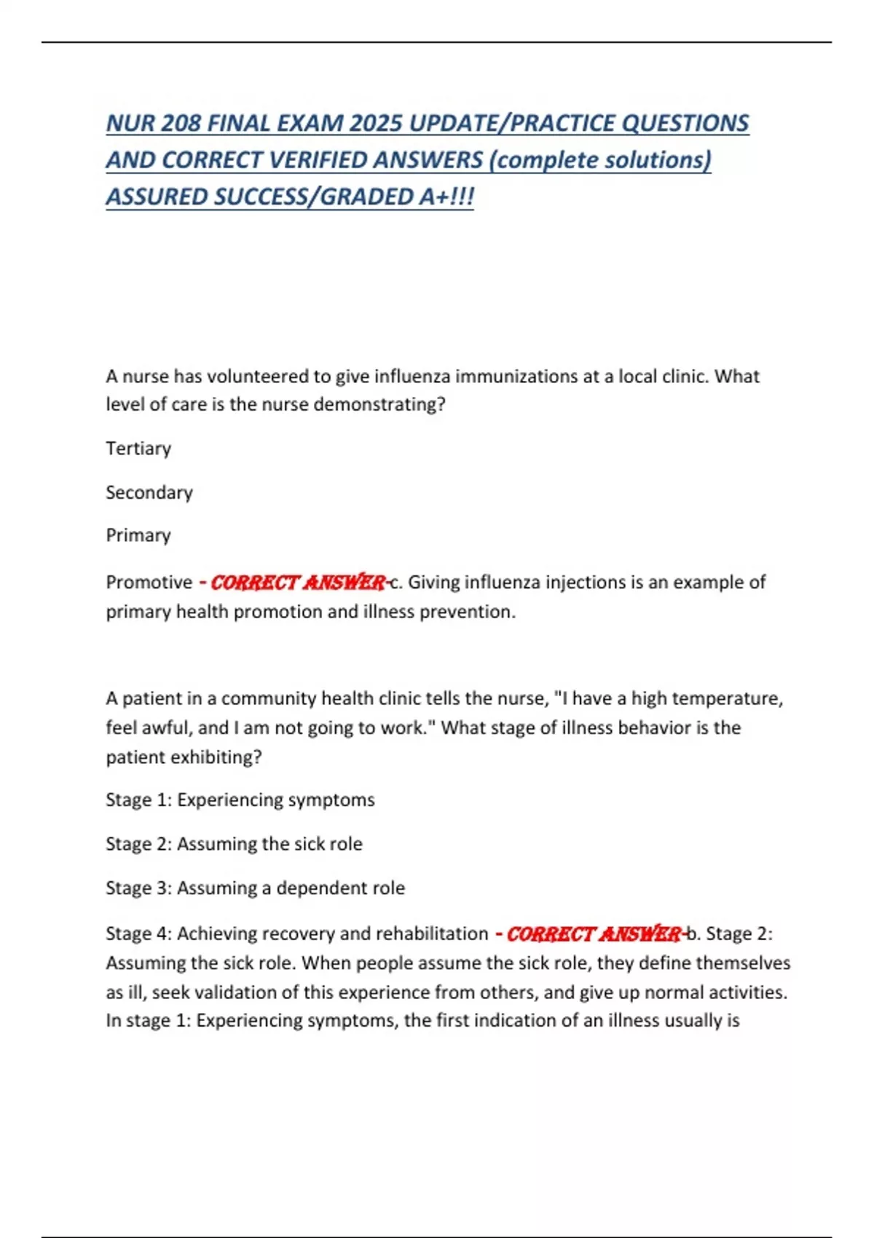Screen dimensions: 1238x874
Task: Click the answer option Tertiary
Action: click(x=138, y=449)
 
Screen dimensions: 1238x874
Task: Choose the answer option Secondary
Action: click(x=149, y=492)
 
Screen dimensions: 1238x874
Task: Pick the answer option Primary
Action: click(x=138, y=535)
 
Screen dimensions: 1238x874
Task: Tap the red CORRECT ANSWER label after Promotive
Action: click(x=297, y=583)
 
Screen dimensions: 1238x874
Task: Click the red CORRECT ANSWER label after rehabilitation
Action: click(x=593, y=934)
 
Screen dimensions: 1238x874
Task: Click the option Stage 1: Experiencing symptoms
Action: click(x=240, y=800)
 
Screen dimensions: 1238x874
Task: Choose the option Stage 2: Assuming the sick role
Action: click(x=234, y=844)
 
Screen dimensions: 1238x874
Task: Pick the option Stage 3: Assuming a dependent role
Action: click(x=255, y=888)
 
